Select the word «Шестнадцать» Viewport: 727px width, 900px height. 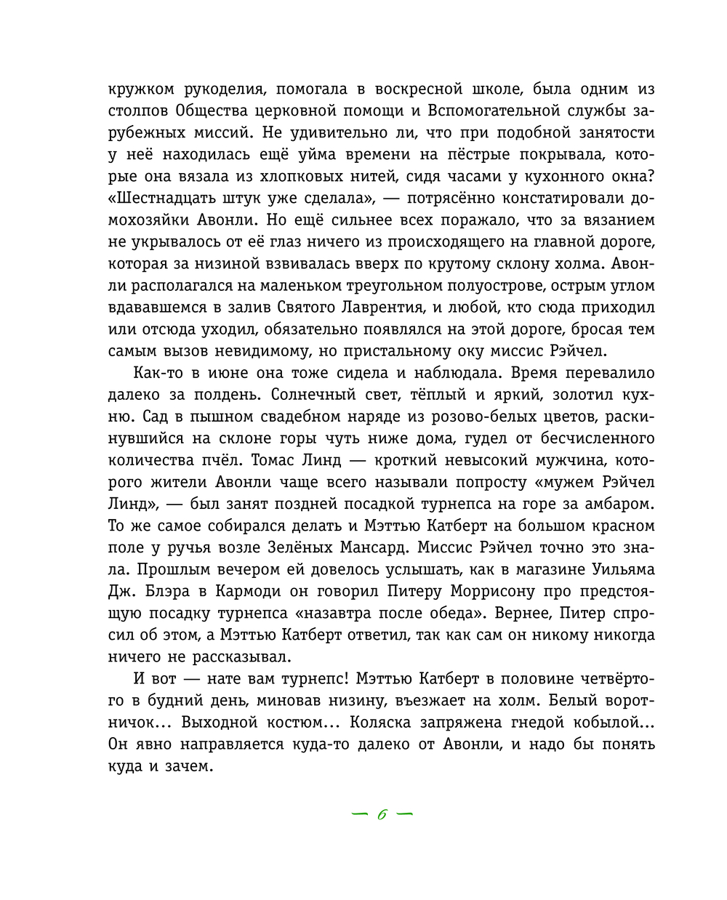[163, 198]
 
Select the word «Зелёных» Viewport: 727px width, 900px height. [301, 547]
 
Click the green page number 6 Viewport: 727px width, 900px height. [381, 815]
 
